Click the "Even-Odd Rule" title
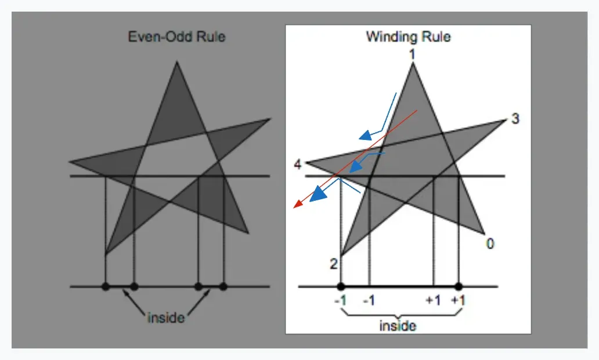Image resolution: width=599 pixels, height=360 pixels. tap(176, 37)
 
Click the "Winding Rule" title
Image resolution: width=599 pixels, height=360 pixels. tap(408, 37)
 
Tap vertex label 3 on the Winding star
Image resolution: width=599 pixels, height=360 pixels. tap(514, 120)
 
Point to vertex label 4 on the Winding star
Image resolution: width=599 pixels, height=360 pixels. tap(297, 165)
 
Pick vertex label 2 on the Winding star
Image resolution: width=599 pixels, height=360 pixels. tap(333, 265)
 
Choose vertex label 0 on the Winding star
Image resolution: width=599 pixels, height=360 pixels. tap(490, 244)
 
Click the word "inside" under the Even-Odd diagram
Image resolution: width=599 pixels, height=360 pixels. tap(166, 318)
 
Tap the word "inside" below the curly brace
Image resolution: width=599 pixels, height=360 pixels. tap(398, 326)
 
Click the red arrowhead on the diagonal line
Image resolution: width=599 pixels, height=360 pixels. tap(298, 204)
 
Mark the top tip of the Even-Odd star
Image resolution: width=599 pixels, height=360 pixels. tap(176, 63)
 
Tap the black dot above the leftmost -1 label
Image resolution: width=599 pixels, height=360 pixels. tap(341, 286)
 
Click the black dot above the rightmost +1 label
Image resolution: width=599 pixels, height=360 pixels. tap(459, 286)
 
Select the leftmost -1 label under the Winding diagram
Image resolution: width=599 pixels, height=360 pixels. tap(340, 301)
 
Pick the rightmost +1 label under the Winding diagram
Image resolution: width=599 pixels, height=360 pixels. tap(459, 301)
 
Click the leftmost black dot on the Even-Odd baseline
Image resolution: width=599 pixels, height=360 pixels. tap(106, 286)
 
